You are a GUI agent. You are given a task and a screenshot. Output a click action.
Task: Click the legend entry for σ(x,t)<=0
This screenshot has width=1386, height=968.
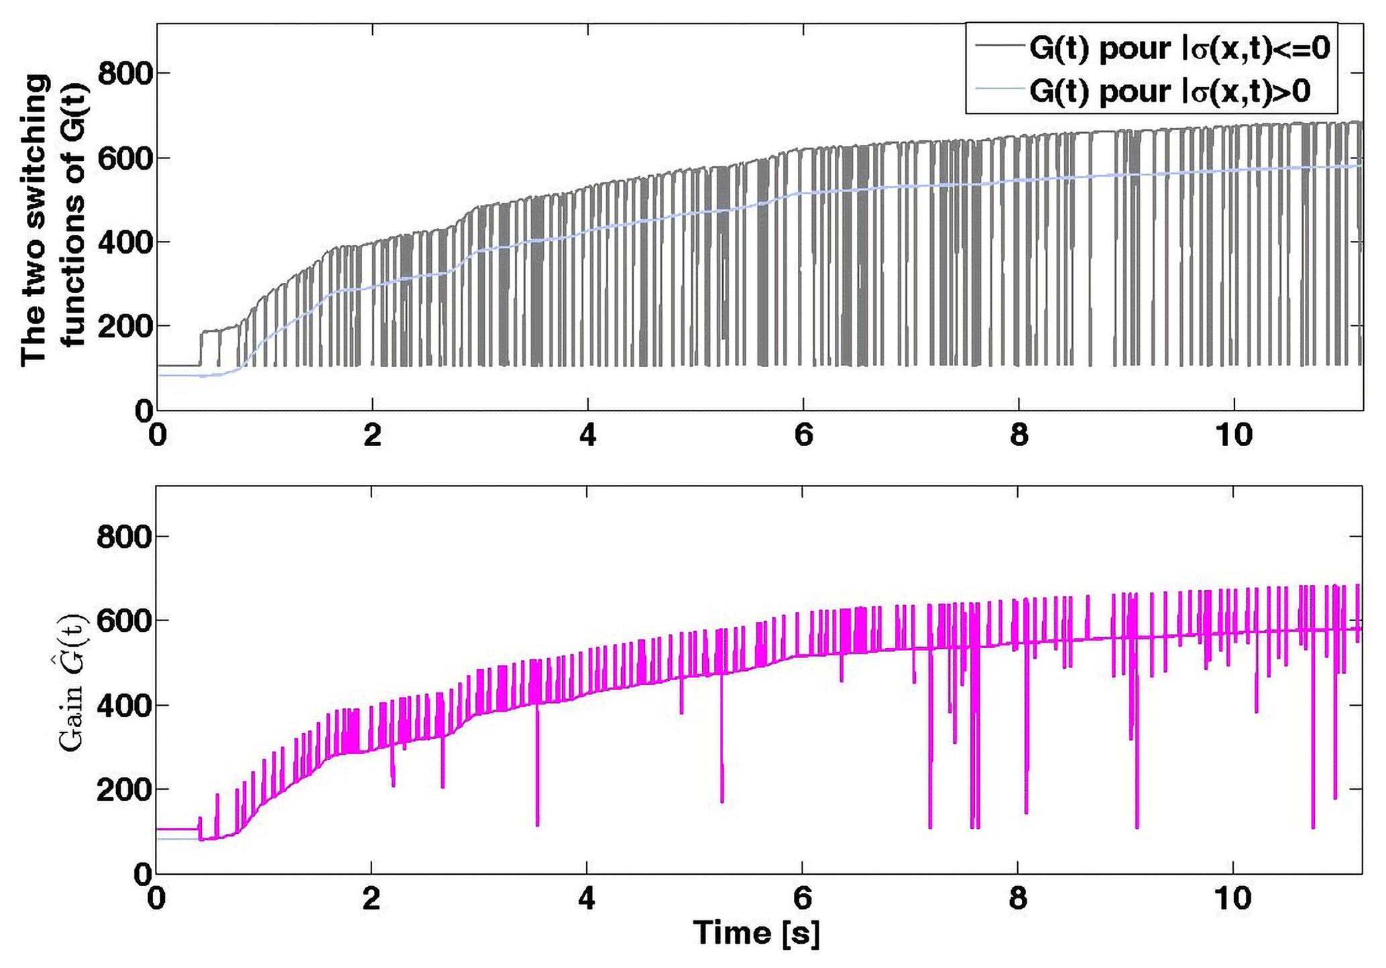pos(1179,48)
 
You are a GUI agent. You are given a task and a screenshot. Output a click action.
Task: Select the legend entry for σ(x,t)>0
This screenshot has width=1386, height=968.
pos(1169,91)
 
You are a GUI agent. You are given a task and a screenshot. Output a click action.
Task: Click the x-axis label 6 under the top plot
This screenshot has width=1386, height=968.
pos(803,436)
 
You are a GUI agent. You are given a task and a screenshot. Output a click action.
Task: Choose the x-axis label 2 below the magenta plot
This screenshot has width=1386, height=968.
pos(371,899)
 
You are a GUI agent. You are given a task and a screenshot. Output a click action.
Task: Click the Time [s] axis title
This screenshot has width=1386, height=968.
pos(756,934)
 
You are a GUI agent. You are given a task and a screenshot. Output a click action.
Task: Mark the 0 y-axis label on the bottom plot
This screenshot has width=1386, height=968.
pos(142,875)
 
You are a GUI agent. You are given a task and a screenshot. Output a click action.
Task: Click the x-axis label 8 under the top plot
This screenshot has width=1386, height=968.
pos(1018,436)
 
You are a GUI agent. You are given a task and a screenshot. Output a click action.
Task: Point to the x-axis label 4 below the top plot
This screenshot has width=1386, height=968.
pos(587,436)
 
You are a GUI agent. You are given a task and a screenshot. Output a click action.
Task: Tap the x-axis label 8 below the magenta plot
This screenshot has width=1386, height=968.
pos(1018,899)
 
